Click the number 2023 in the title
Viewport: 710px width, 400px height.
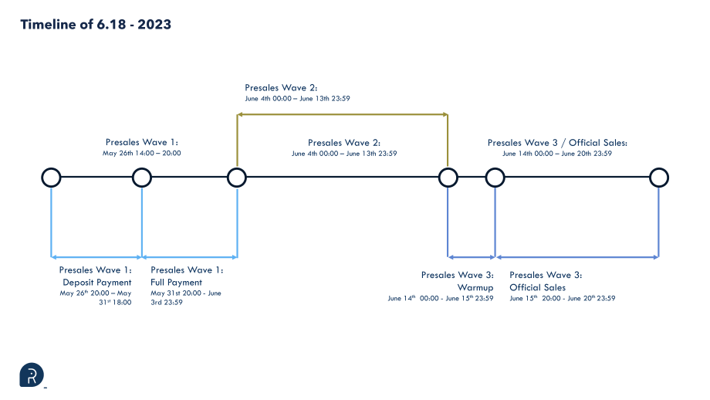[154, 25]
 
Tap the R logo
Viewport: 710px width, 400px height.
[32, 375]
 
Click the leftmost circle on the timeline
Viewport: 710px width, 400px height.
[51, 178]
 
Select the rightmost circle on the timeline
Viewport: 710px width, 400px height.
[659, 178]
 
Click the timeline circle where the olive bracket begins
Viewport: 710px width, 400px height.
[237, 178]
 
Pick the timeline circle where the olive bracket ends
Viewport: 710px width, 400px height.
[448, 178]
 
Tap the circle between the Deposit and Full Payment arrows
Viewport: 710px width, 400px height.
[142, 178]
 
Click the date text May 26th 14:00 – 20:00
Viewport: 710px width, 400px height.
[142, 153]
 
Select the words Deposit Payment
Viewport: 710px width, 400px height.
[97, 282]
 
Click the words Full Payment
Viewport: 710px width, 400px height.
[176, 282]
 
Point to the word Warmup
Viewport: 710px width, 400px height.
[475, 288]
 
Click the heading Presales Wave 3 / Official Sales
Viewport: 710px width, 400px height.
[557, 143]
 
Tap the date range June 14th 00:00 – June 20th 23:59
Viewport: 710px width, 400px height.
[557, 154]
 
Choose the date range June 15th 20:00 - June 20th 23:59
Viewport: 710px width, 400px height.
[563, 298]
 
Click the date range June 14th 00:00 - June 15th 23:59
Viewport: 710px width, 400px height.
[441, 298]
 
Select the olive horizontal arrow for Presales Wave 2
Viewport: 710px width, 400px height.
[343, 114]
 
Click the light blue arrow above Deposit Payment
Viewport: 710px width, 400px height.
[96, 257]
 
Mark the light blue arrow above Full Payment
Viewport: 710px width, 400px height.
[190, 257]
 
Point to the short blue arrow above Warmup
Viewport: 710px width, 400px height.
[472, 257]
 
